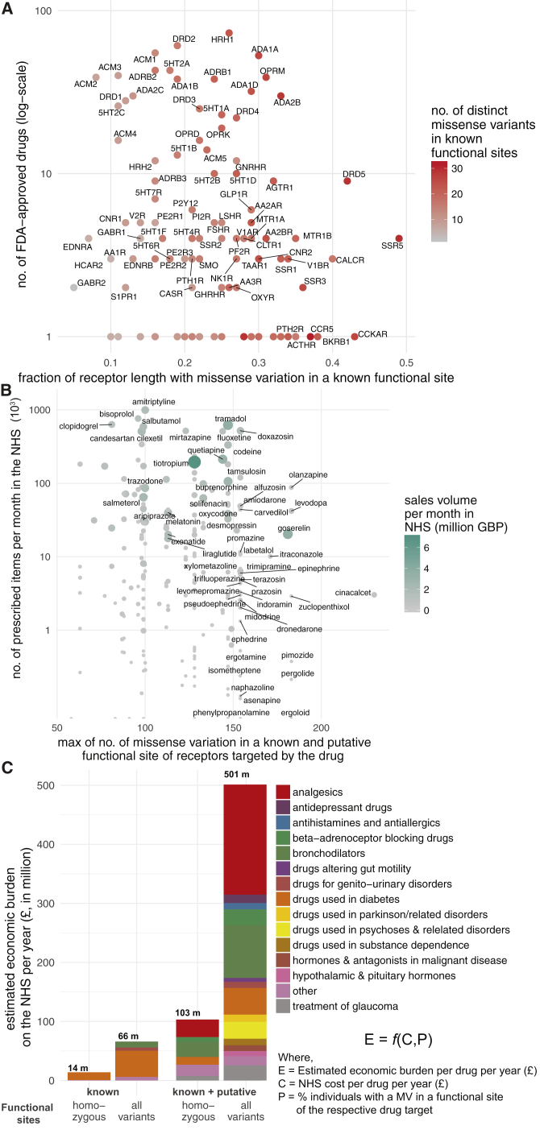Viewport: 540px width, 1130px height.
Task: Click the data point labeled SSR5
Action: click(x=399, y=238)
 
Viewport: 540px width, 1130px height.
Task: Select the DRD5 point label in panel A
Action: click(x=354, y=173)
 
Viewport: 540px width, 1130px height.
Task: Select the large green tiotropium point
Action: click(x=194, y=462)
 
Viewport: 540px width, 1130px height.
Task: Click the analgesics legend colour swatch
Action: click(x=283, y=792)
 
